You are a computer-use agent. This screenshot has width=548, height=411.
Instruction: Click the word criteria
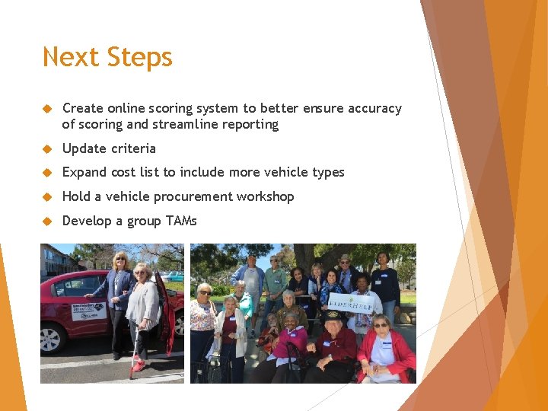(x=132, y=148)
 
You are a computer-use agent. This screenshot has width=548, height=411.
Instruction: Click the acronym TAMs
(x=180, y=221)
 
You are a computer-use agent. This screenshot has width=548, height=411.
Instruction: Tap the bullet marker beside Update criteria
(x=46, y=148)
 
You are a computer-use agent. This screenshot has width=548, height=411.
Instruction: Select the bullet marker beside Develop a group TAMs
(x=46, y=221)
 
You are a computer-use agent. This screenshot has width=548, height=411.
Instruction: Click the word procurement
(x=194, y=196)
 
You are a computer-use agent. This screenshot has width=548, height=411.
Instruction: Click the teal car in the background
(x=174, y=276)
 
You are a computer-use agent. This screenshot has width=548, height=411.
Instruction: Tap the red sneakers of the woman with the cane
(x=138, y=365)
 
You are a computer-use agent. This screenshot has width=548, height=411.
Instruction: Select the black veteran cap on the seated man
(x=333, y=314)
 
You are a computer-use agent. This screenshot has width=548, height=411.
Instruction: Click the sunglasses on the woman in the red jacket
(x=380, y=325)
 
